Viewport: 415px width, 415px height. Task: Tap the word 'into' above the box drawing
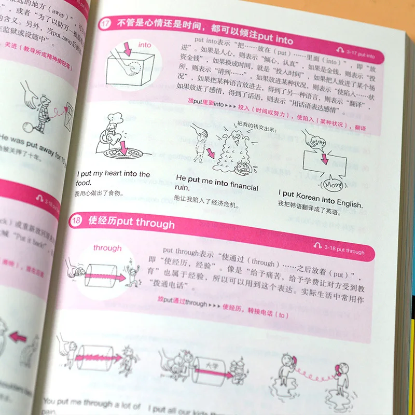tap(145, 45)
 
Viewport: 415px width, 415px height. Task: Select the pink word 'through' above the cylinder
tap(107, 248)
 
